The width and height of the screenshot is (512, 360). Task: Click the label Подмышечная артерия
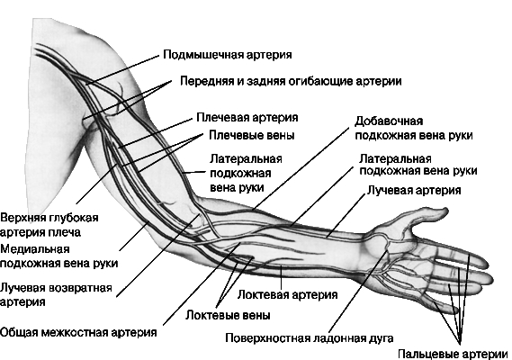coord(228,55)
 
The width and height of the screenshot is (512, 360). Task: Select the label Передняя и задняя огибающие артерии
coord(291,81)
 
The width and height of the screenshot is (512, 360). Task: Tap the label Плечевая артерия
coord(247,118)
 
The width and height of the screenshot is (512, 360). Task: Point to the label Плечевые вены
coord(251,135)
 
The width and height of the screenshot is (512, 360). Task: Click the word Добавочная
coord(389,121)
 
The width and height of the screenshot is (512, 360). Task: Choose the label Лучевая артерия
coord(414,190)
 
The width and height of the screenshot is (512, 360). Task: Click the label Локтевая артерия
coord(287,294)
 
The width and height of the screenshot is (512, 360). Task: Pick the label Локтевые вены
coord(228,316)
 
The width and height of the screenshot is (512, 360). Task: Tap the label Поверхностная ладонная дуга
coord(310,338)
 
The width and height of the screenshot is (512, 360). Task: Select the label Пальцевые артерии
coord(453,354)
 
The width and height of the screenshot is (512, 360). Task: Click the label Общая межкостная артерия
coord(78,333)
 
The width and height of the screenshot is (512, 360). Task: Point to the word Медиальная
coord(35,249)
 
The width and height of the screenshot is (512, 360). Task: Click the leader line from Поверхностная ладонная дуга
coord(357,292)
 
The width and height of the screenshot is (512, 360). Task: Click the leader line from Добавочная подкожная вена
coord(301,168)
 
